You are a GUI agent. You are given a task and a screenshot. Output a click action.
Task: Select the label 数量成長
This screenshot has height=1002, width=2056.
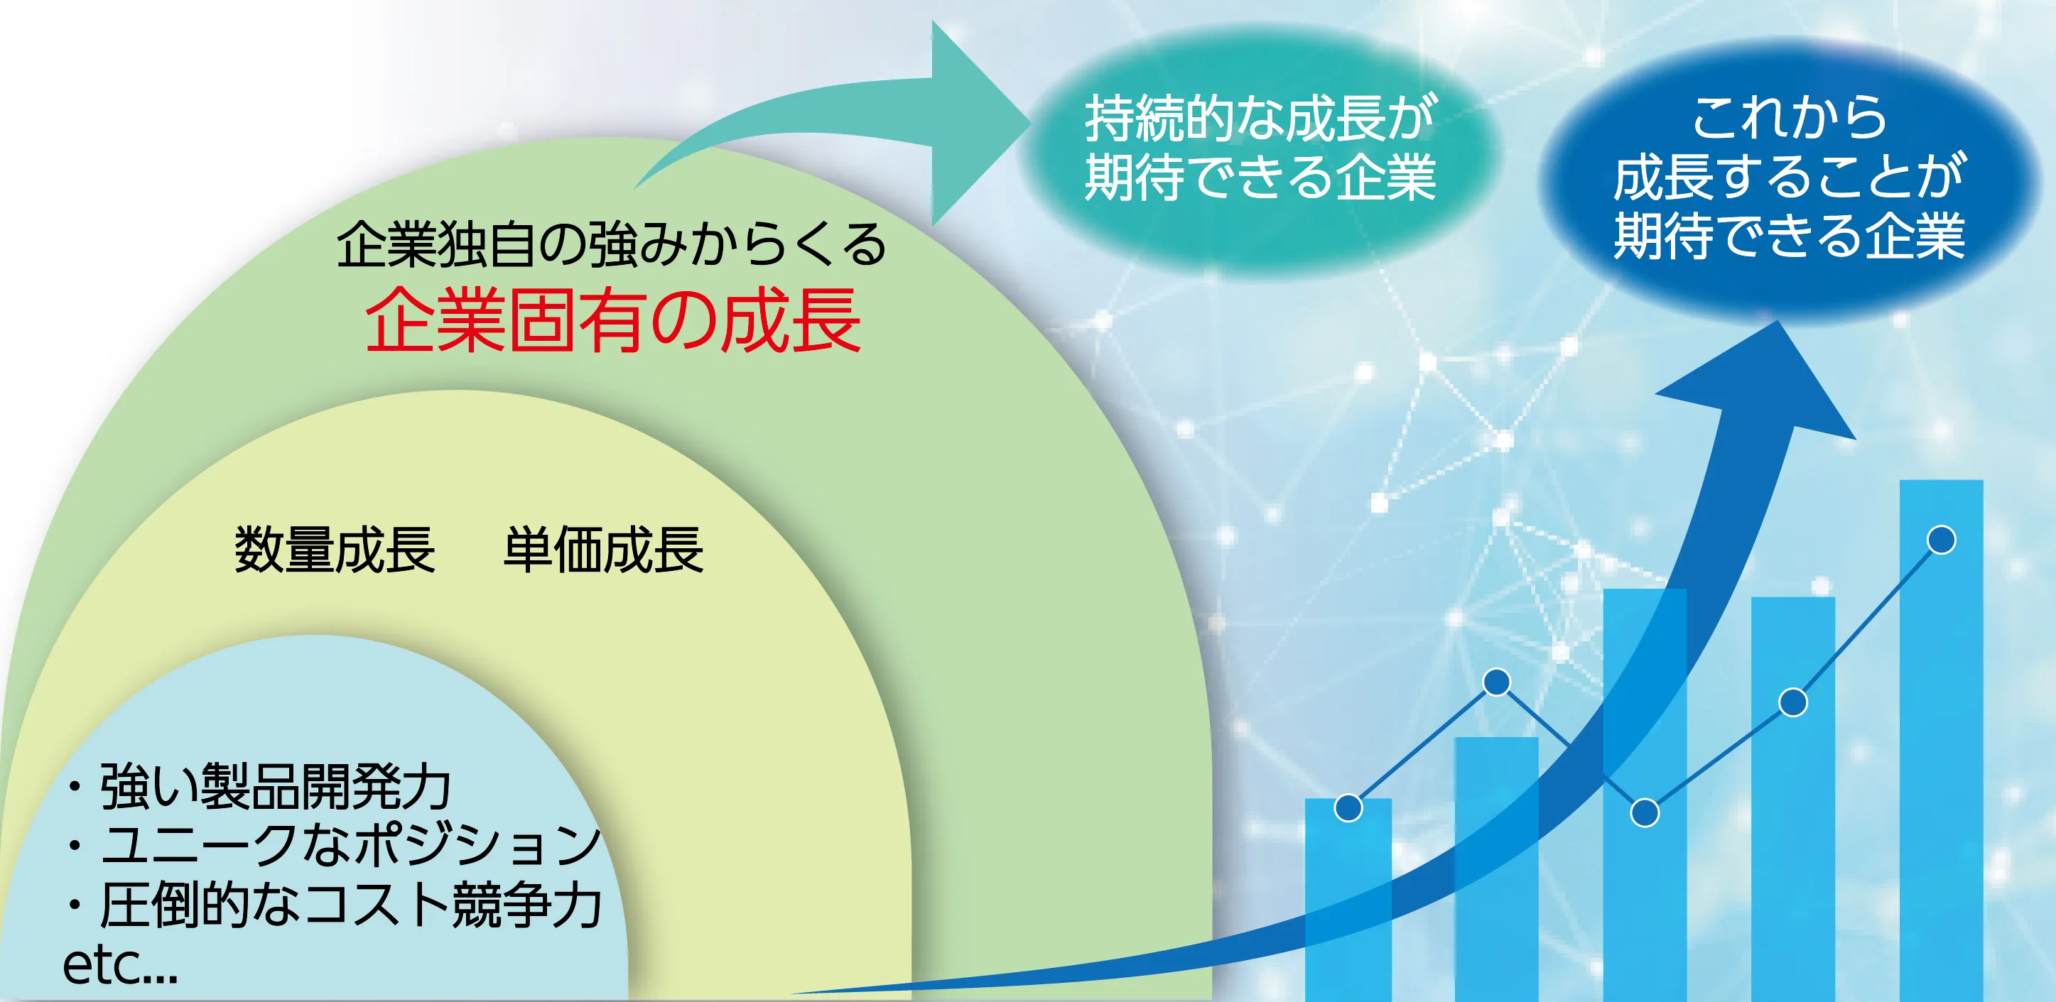click(x=335, y=550)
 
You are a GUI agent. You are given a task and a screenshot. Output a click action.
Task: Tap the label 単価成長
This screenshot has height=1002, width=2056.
click(x=603, y=550)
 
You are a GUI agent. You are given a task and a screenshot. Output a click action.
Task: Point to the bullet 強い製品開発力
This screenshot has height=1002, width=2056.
click(x=258, y=787)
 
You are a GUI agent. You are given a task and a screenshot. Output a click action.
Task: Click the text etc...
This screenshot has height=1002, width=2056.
click(x=120, y=965)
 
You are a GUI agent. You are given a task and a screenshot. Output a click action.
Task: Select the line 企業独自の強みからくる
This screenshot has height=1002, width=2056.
click(x=612, y=244)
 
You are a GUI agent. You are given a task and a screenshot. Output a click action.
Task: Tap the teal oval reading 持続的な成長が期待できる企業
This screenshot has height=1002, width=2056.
click(x=1260, y=149)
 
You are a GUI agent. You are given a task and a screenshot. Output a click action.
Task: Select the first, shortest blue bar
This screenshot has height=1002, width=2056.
click(x=1348, y=900)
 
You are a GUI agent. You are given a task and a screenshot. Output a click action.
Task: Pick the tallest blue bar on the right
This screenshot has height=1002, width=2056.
click(x=1941, y=741)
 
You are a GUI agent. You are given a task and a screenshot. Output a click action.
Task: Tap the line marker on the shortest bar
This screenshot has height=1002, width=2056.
click(x=1348, y=808)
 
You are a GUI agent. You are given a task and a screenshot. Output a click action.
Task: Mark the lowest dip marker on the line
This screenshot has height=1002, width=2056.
click(x=1644, y=813)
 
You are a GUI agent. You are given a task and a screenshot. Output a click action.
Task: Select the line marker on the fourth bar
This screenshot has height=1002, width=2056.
click(x=1793, y=702)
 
